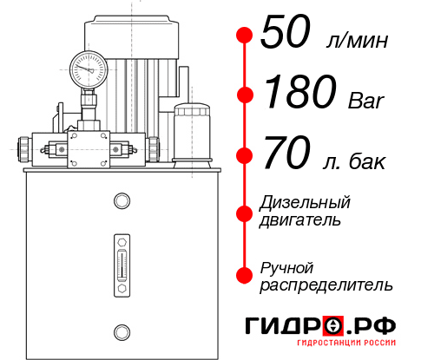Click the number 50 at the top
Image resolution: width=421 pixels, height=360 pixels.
click(x=287, y=35)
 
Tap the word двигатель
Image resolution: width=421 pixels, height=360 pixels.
click(x=300, y=220)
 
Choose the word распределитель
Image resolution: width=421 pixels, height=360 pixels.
click(x=326, y=285)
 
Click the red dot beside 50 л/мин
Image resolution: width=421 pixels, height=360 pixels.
click(x=245, y=36)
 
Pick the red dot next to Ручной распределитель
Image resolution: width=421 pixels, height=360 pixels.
click(x=245, y=275)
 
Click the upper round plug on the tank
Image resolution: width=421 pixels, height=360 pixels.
click(x=122, y=202)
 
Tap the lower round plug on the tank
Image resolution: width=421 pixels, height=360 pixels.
click(x=122, y=331)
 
